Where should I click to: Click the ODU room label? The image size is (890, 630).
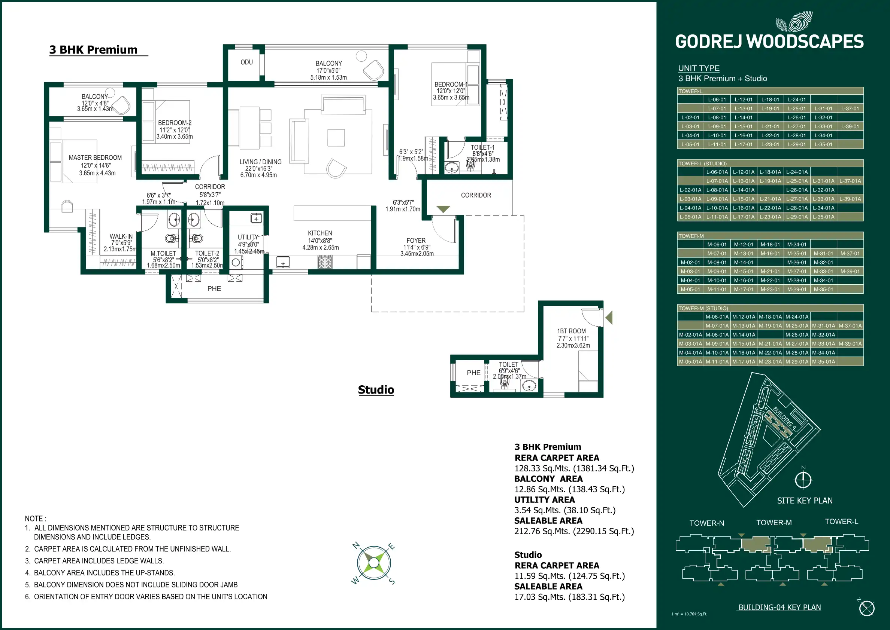[246, 62]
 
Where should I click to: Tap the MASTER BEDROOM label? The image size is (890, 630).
[95, 157]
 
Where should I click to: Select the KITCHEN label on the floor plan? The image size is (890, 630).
[320, 233]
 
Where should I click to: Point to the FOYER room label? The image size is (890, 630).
[416, 241]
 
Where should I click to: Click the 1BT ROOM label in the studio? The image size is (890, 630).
[571, 331]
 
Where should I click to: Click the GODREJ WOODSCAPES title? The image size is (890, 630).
[769, 42]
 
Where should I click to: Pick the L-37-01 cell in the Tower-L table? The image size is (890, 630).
[850, 108]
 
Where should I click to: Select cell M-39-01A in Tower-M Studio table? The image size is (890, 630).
[850, 344]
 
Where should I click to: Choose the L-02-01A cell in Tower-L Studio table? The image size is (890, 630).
[690, 190]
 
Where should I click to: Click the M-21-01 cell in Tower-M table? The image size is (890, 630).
[770, 272]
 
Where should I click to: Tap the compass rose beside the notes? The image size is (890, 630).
[373, 563]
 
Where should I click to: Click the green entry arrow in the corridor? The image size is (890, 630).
[443, 209]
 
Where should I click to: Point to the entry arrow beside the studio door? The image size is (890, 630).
[609, 318]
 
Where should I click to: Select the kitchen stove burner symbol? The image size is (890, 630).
[325, 263]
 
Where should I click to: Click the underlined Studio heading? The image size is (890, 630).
[376, 389]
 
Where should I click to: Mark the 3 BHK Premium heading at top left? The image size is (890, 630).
[93, 50]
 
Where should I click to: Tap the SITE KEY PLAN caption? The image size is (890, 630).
[805, 501]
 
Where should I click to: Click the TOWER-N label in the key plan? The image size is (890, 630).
[707, 523]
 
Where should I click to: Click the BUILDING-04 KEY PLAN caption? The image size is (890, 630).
[779, 607]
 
